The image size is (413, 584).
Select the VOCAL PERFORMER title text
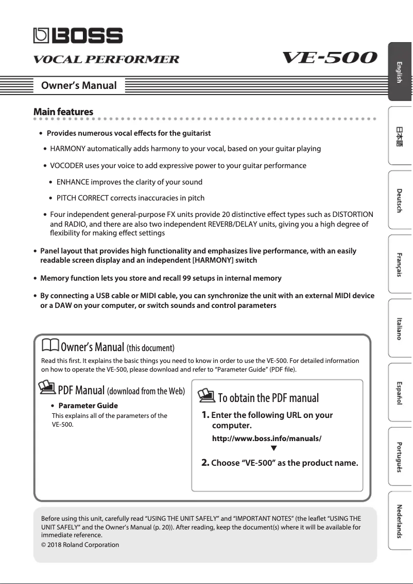tap(107, 59)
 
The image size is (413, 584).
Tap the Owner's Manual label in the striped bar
tap(79, 85)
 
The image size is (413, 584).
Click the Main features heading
tap(63, 112)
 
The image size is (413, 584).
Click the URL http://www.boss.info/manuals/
tap(267, 439)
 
